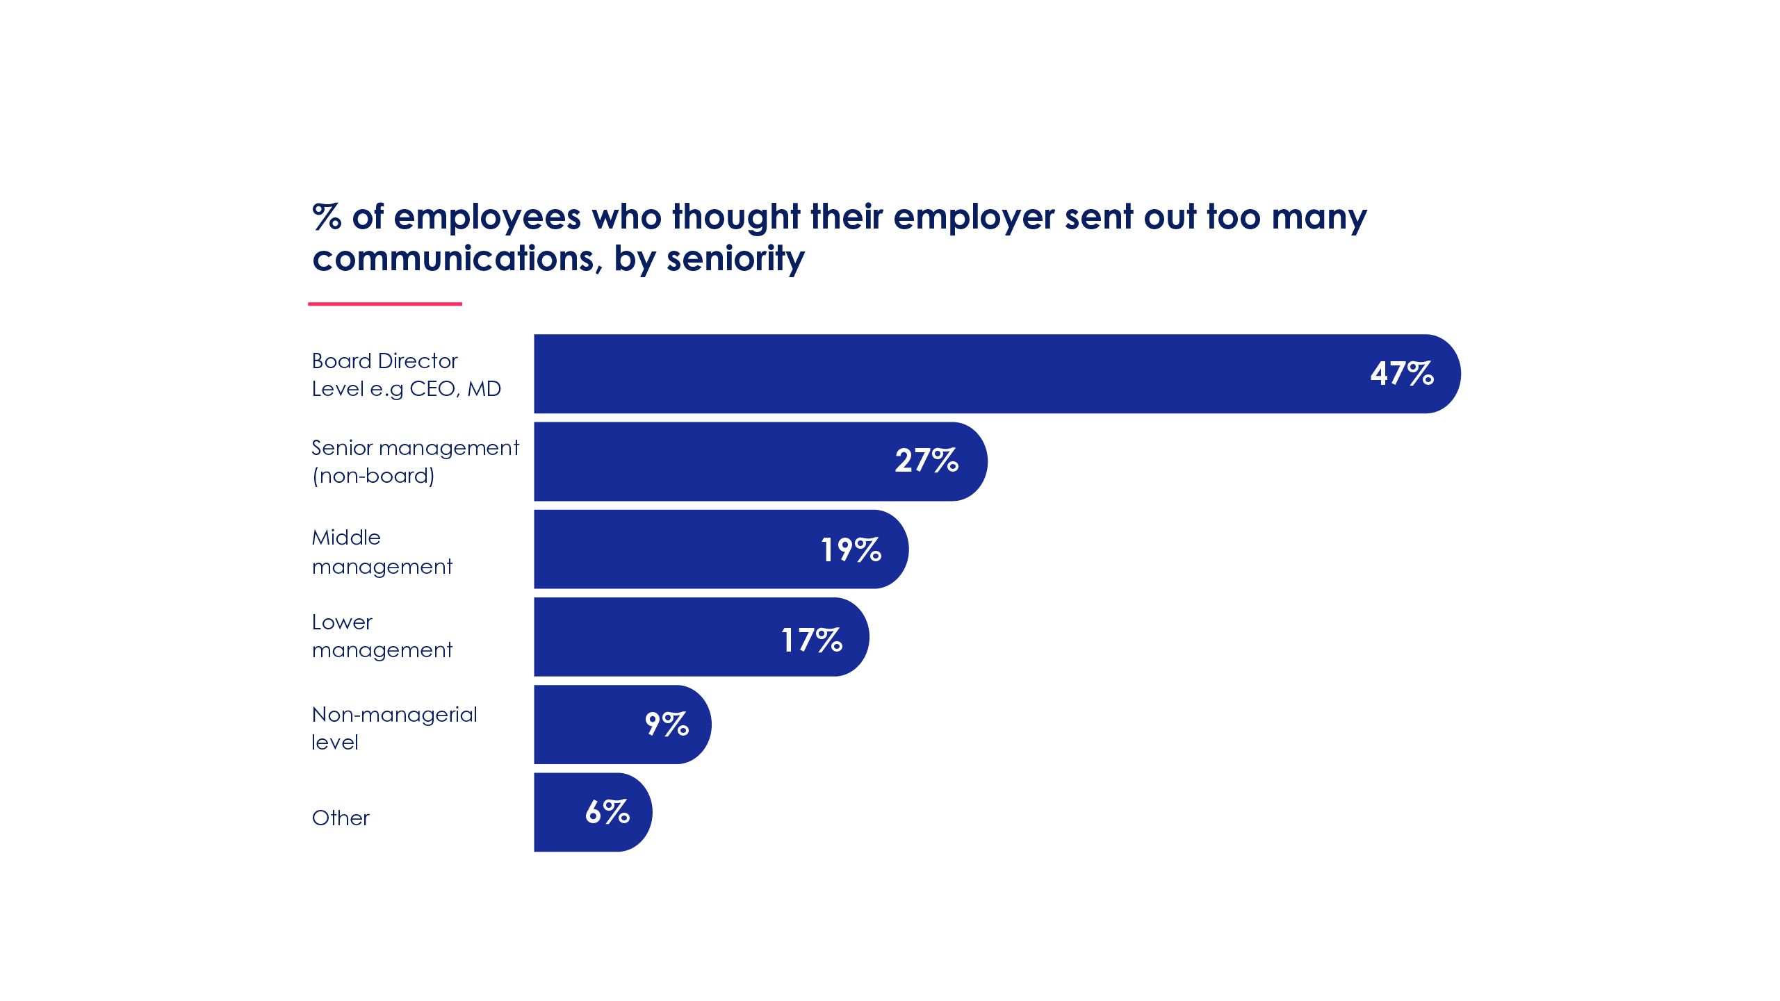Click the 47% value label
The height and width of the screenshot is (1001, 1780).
(x=1402, y=374)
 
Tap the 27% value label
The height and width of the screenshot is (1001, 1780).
(x=926, y=461)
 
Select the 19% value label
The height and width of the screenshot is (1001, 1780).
(x=851, y=549)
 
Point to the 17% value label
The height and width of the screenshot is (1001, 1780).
(x=811, y=640)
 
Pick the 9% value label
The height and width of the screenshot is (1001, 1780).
(x=667, y=724)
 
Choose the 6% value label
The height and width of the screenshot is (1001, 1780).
(x=607, y=811)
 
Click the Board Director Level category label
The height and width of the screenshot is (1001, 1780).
(x=406, y=374)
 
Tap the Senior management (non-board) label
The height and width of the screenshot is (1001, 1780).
(x=415, y=461)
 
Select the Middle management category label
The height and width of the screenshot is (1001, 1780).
(x=382, y=552)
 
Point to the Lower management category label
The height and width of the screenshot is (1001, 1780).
(x=382, y=636)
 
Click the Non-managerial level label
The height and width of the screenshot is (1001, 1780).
(x=394, y=728)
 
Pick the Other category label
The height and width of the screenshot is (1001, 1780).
(x=341, y=818)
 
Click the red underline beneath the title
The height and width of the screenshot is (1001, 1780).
(x=385, y=304)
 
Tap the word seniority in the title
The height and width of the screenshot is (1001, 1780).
(x=735, y=258)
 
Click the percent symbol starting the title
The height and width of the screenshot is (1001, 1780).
(x=327, y=217)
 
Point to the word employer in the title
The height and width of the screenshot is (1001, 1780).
(x=973, y=217)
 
